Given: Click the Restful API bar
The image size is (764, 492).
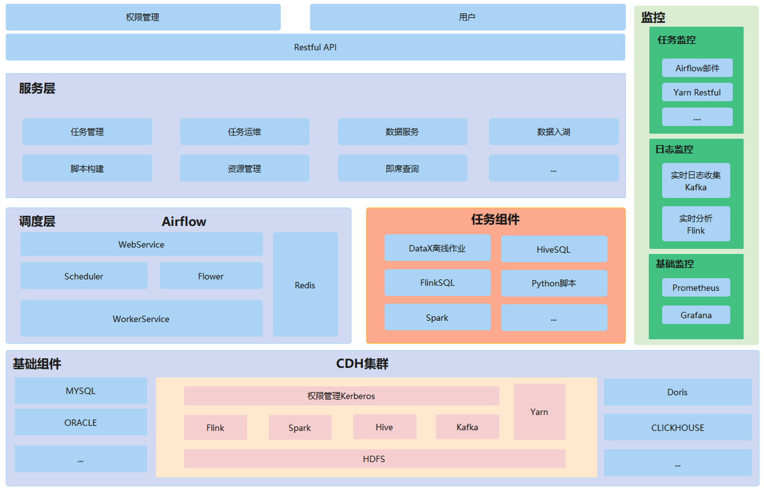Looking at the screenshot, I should [315, 47].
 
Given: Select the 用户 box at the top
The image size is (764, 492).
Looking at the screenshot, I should [467, 17].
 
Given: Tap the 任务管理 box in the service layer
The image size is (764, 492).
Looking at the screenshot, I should [87, 132].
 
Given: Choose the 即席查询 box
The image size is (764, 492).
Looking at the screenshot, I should [402, 168].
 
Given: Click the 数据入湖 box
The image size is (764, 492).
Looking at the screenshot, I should [553, 132].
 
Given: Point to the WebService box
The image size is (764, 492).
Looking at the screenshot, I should [141, 244].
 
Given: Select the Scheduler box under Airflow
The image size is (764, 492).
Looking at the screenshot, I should [84, 276].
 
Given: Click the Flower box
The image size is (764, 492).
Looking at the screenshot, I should [211, 276].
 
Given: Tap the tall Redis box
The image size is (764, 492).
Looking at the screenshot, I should [305, 285].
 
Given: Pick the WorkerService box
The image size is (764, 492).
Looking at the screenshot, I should [141, 319].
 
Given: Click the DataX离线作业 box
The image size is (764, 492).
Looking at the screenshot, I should [437, 248].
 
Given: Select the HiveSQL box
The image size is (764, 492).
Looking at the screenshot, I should [554, 249].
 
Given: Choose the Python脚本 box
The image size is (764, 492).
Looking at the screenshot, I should [554, 283].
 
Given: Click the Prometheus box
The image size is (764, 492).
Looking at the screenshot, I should [696, 288].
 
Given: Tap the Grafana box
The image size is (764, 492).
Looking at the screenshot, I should [696, 315].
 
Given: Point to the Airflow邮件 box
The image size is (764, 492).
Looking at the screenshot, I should [697, 68].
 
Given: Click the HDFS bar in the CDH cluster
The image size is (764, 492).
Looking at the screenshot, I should [374, 459].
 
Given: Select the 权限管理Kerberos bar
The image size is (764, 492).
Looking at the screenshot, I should [341, 396].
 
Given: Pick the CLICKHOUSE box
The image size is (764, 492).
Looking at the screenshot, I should [677, 428].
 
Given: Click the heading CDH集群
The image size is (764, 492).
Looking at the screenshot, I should [362, 364].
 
